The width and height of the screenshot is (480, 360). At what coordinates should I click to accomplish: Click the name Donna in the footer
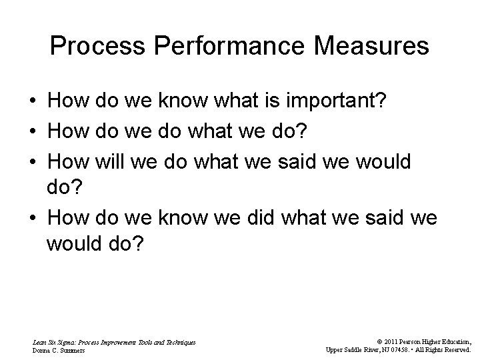coord(41,349)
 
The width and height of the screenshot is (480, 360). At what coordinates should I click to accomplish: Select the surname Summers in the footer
coord(73,349)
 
